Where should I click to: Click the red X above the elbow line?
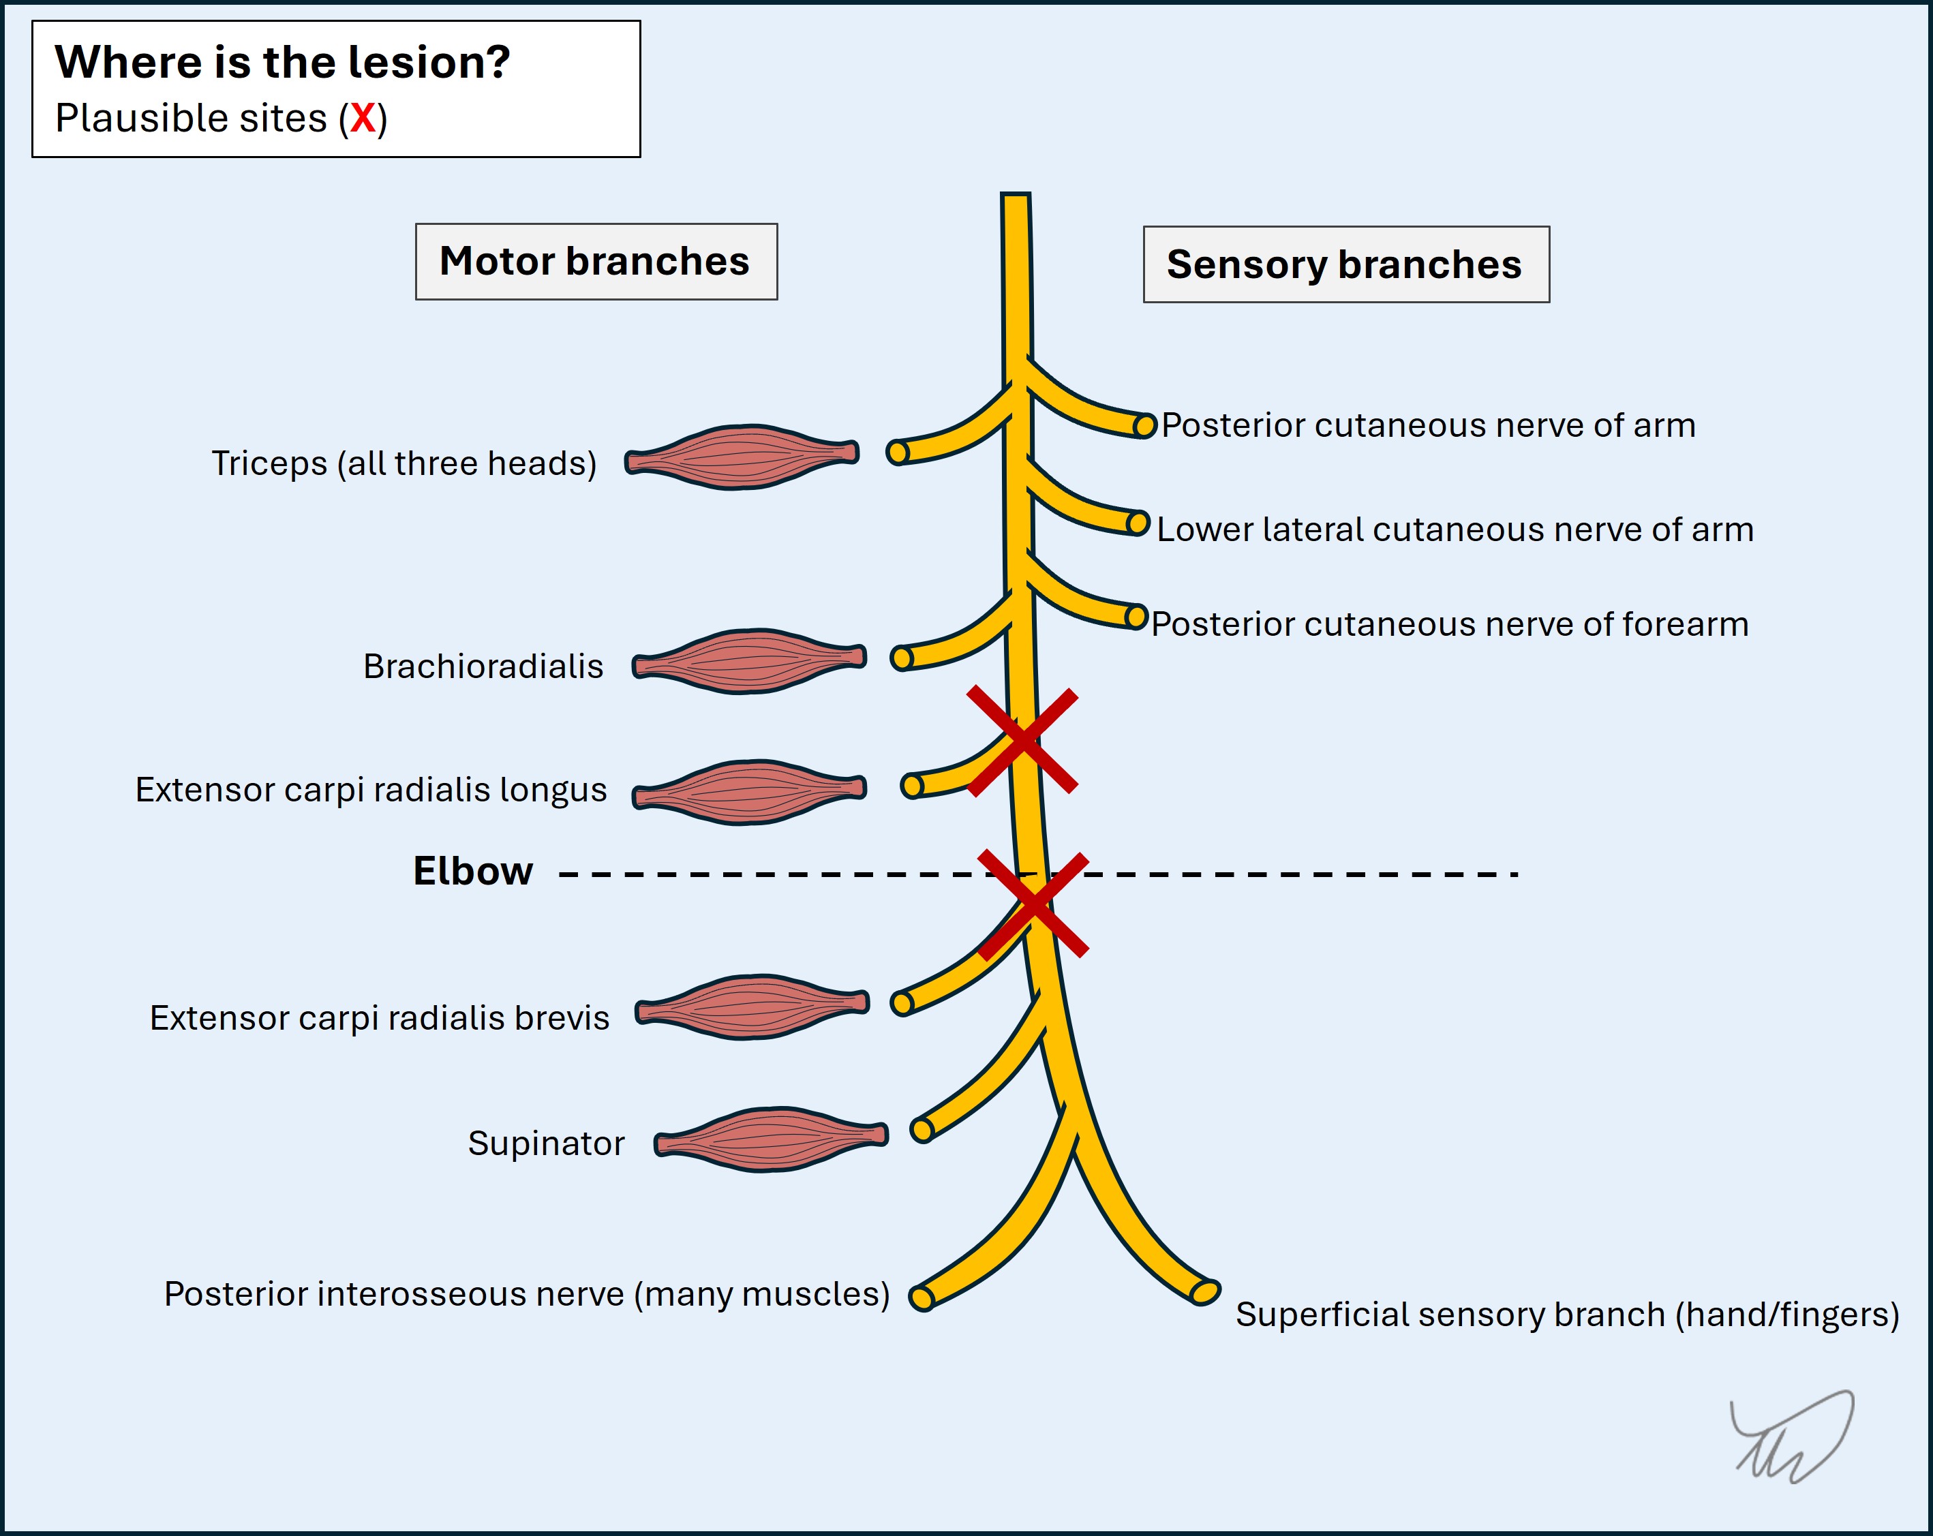click(1022, 742)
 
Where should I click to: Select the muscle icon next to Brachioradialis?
click(748, 662)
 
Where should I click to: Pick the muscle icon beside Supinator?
click(770, 1139)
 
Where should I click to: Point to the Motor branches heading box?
click(596, 262)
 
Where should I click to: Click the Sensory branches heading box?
click(1345, 264)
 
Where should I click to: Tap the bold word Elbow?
click(472, 871)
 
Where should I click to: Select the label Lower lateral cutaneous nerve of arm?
click(1455, 529)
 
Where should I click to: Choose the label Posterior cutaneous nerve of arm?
click(1428, 426)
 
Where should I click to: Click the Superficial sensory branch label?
click(1567, 1315)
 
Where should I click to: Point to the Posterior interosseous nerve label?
click(526, 1294)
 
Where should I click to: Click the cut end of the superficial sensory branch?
click(1205, 1291)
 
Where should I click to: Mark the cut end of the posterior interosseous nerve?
click(922, 1297)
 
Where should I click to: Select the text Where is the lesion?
click(282, 63)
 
